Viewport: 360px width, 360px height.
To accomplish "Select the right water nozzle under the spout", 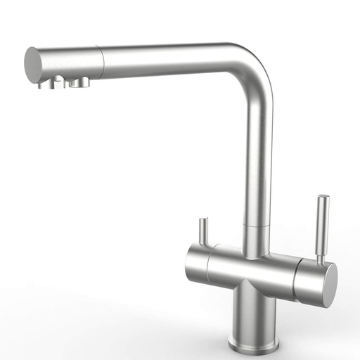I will pyautogui.click(x=79, y=83).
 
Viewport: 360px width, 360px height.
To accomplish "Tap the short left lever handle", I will pyautogui.click(x=202, y=232).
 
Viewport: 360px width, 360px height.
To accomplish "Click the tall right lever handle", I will pyautogui.click(x=322, y=229).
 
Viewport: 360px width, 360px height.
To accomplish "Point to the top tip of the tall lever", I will pyautogui.click(x=323, y=199).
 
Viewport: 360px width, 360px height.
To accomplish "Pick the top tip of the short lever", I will pyautogui.click(x=202, y=221).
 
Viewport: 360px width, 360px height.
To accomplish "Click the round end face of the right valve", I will pyautogui.click(x=327, y=281).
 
